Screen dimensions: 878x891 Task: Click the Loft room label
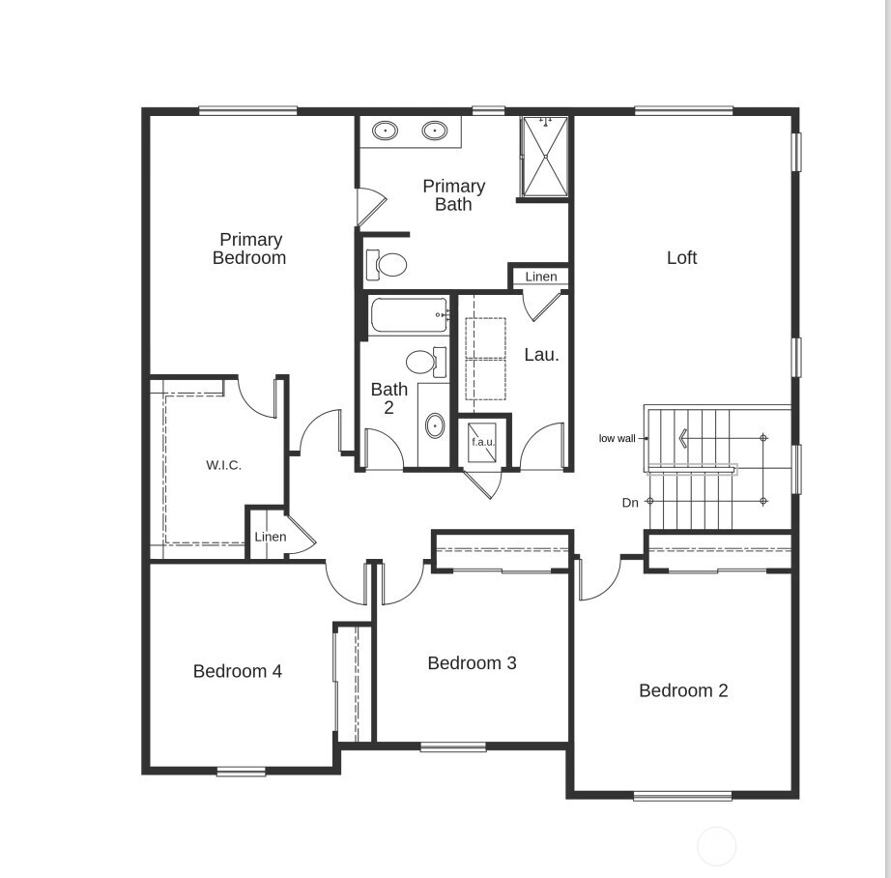pos(681,257)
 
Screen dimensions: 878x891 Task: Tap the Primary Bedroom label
pos(249,249)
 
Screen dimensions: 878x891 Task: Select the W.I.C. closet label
pos(223,465)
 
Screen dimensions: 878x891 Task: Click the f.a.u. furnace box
pos(482,442)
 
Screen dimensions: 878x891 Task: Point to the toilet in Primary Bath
pos(388,263)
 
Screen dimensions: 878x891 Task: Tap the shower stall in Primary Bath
pos(544,157)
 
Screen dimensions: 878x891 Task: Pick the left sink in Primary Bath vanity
pos(386,130)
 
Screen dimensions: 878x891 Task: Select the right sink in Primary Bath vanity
pos(435,130)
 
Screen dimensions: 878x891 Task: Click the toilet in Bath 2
pos(423,363)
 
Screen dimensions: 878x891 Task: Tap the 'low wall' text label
pos(618,438)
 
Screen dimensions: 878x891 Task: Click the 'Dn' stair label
pos(630,503)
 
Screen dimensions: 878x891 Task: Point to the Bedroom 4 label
pos(238,671)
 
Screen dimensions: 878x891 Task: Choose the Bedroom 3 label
pos(472,662)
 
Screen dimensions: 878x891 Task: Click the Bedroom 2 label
pos(683,690)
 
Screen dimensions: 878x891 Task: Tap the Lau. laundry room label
pos(541,355)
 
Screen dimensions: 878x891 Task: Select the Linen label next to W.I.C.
pos(271,538)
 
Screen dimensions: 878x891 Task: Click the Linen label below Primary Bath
pos(541,277)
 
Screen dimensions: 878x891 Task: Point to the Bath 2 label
pos(388,398)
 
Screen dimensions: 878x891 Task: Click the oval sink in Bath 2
pos(435,425)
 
